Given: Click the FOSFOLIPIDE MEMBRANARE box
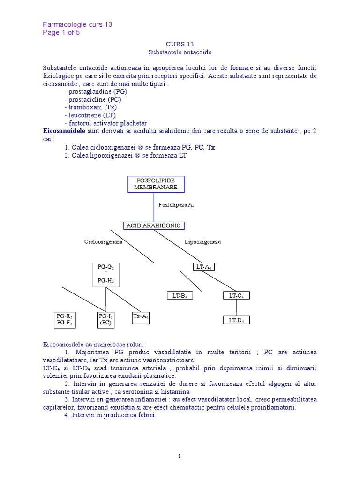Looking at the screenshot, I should [156, 184].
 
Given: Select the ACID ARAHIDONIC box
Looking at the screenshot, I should [154, 225].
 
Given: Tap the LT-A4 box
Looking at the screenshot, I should [203, 267].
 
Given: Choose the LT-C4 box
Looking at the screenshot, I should [236, 295].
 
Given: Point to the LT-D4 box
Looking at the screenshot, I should [236, 320].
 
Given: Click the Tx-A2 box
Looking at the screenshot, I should [141, 317].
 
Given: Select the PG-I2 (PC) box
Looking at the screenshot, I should [105, 320].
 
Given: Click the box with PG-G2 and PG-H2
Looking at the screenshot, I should [105, 274].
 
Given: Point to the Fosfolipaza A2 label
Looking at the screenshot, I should [177, 205].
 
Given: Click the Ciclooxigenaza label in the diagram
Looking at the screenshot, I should [103, 242].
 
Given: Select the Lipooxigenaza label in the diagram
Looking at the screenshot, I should [202, 242].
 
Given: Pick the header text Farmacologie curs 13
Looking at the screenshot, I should [77, 24].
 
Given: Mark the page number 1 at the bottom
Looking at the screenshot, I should [180, 456].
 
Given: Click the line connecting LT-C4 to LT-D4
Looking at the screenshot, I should [236, 307].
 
